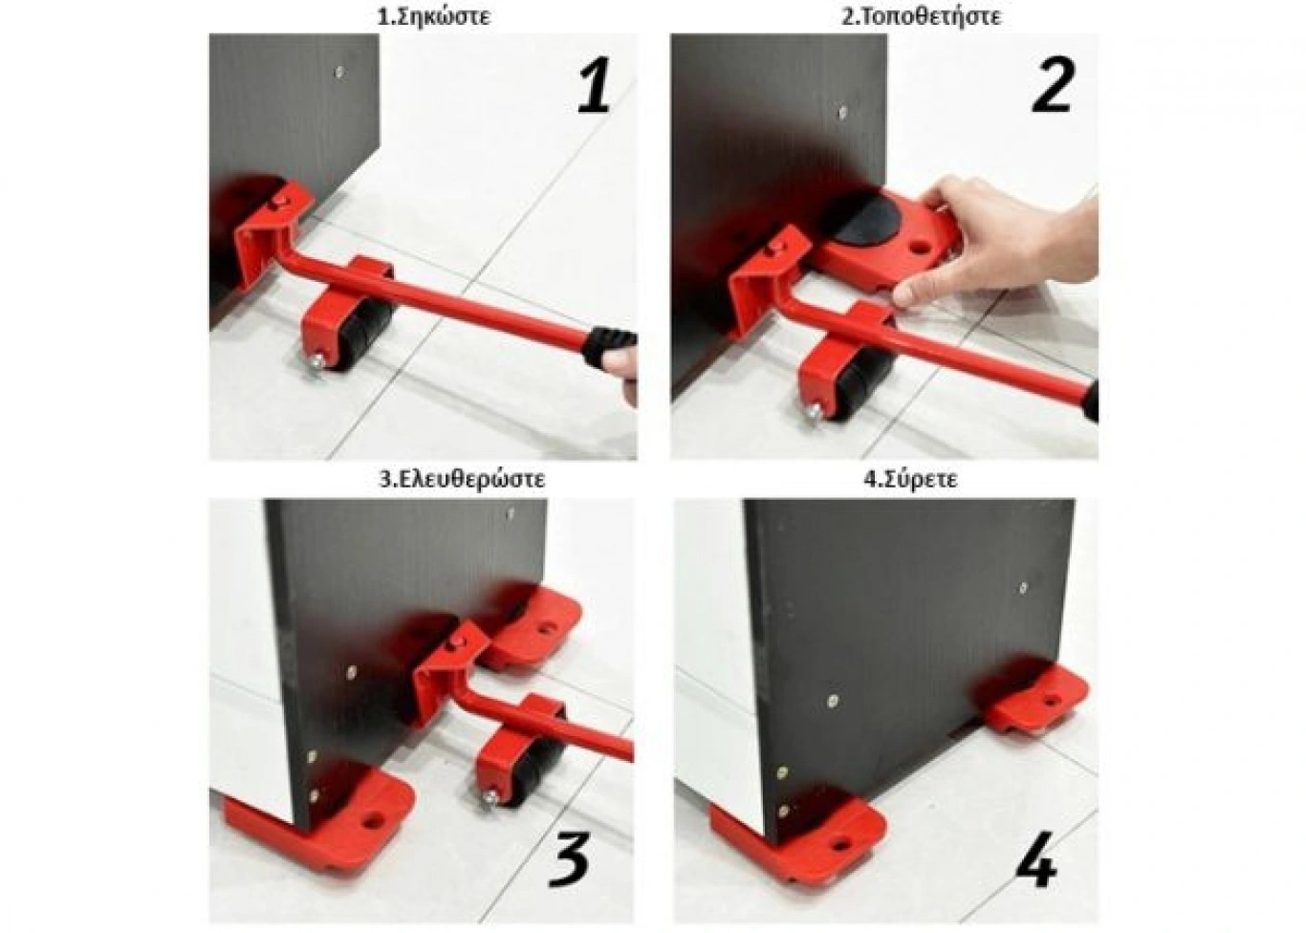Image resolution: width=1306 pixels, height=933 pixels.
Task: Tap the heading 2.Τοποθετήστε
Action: coord(922,16)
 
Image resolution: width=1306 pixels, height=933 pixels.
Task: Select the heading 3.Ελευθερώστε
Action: coord(463,480)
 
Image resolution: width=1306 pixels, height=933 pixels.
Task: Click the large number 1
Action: coord(596,85)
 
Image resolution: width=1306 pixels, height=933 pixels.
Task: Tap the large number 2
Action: coord(1052,85)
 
